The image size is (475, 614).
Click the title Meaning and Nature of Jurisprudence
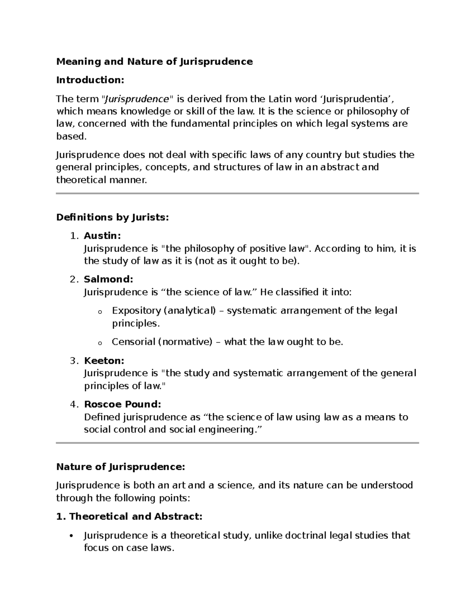154,62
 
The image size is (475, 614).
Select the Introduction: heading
90,80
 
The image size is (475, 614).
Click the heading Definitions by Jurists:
112,217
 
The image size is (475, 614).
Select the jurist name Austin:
102,236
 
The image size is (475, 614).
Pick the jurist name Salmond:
108,280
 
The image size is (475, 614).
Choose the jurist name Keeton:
104,361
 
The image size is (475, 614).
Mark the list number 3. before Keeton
74,361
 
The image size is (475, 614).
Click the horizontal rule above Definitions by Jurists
237,193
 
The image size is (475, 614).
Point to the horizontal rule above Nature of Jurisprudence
237,443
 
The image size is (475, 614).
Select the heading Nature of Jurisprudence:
121,467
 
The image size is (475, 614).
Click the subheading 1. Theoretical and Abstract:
129,517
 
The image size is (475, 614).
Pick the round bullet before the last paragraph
71,536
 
